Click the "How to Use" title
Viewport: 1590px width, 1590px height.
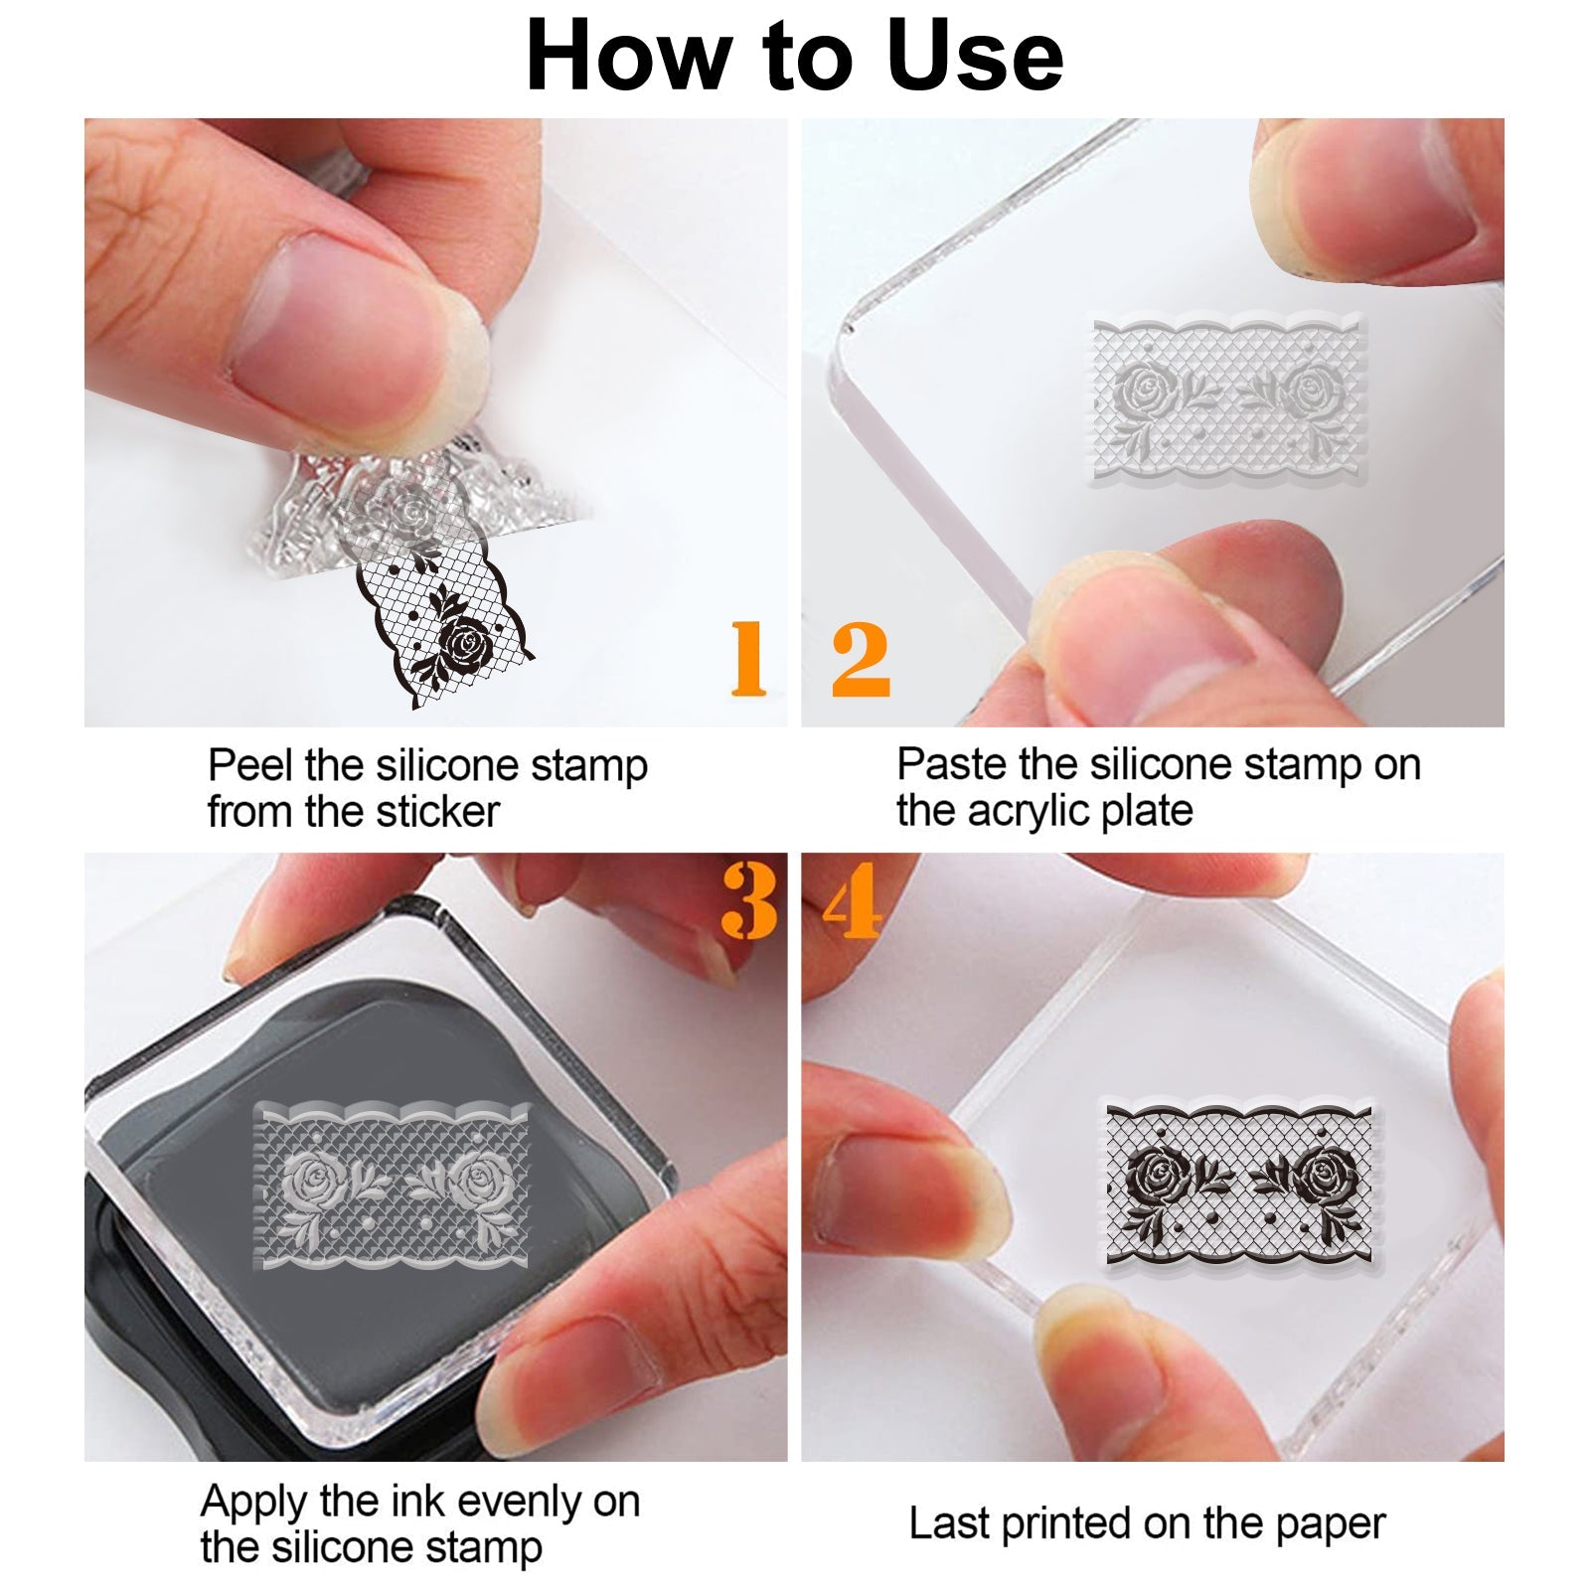coord(795,56)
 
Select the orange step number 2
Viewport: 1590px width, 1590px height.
coord(861,658)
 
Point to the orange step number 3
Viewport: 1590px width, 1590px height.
coord(749,900)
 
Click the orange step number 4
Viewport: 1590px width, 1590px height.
coord(853,900)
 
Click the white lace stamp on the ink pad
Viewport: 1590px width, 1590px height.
coord(392,1187)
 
